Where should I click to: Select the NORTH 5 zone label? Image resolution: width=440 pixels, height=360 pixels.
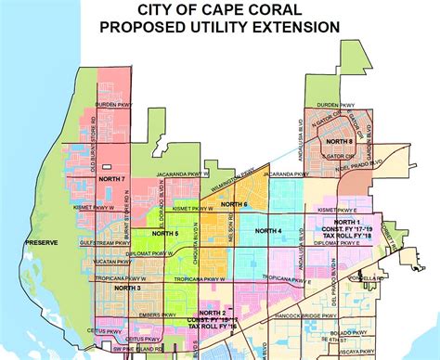(x=165, y=233)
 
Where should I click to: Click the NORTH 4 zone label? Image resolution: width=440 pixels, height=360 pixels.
(x=269, y=230)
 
